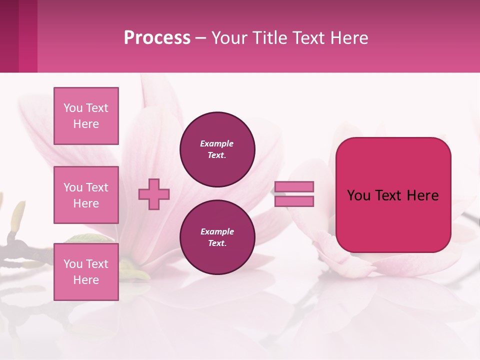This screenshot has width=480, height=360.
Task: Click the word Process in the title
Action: click(x=157, y=38)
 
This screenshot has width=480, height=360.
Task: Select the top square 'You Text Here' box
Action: click(x=86, y=116)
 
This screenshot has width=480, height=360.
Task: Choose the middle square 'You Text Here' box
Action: click(x=86, y=195)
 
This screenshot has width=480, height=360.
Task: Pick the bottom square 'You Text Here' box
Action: click(x=86, y=272)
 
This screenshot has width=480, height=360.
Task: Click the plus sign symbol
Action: click(x=154, y=194)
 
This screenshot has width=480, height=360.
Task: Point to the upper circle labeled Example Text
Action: click(x=217, y=149)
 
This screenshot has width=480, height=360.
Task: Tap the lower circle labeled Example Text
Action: click(x=217, y=237)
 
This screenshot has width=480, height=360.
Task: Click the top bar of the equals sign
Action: click(x=294, y=186)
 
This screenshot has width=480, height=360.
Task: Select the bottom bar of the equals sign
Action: click(x=294, y=201)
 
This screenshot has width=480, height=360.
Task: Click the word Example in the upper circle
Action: click(x=217, y=143)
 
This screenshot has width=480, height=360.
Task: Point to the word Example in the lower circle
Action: click(x=217, y=231)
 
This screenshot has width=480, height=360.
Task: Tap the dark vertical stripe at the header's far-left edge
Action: click(x=9, y=36)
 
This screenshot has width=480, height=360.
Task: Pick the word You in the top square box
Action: click(x=72, y=108)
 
